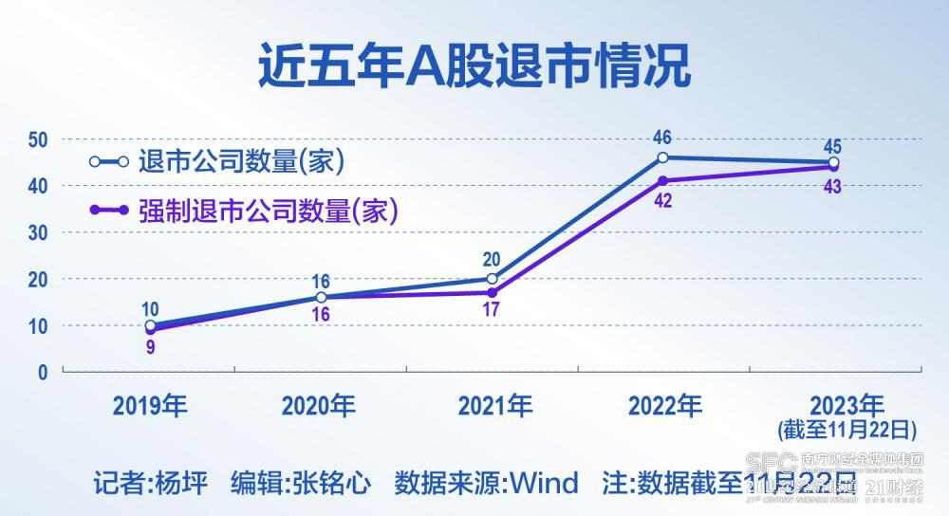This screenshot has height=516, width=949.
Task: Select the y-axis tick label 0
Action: tap(42, 373)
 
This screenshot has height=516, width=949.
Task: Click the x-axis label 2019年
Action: tap(150, 406)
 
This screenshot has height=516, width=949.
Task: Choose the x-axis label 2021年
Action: tap(494, 406)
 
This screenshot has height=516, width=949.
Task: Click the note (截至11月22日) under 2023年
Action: tap(847, 430)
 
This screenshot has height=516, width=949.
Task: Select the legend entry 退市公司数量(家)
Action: tap(240, 161)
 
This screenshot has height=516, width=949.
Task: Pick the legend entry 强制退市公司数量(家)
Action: tap(267, 210)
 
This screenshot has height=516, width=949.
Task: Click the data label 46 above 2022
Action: tap(662, 138)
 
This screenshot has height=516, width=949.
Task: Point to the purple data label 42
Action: tap(662, 200)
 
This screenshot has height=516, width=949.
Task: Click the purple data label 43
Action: tap(832, 186)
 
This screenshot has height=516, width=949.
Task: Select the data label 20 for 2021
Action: tap(492, 260)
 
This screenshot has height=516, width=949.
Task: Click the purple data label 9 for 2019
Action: tap(150, 347)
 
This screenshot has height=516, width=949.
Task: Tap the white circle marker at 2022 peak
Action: tap(662, 157)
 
